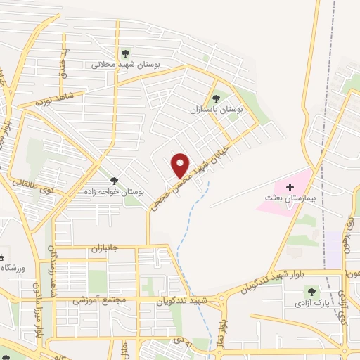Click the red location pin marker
181,165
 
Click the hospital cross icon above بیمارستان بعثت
289,187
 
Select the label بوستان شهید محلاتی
126,64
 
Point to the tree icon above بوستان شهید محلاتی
126,53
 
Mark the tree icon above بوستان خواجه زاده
114,181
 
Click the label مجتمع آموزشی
99,300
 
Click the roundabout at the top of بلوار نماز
224,300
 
